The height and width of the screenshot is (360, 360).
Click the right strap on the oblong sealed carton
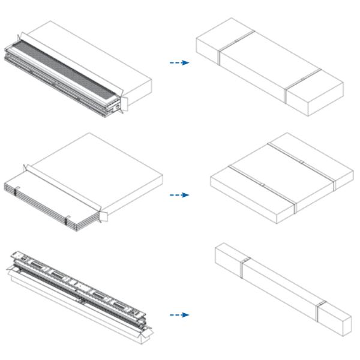(x=286, y=85)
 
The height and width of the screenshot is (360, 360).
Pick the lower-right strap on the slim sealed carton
(x=319, y=311)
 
